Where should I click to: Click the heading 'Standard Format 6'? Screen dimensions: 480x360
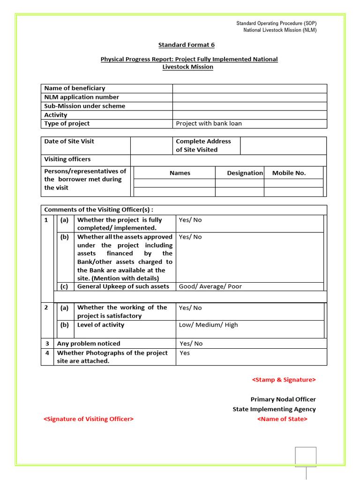[186, 45]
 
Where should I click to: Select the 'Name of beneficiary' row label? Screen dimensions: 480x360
[75, 88]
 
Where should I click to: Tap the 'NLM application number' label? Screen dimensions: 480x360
[82, 97]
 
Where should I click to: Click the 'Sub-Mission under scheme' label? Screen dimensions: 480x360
[84, 106]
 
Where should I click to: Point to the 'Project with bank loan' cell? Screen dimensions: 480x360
[209, 124]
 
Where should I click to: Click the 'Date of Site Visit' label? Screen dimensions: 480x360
[69, 141]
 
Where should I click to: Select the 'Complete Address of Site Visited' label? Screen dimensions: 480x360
[203, 145]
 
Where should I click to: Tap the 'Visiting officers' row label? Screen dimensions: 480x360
[67, 159]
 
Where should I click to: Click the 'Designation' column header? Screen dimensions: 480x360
[245, 173]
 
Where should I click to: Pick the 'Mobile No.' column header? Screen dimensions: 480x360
[289, 173]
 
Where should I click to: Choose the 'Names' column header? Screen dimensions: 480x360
[180, 173]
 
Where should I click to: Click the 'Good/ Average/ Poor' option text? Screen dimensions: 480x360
[210, 286]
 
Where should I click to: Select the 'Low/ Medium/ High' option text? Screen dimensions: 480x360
[208, 325]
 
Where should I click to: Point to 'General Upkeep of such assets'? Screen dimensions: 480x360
[123, 286]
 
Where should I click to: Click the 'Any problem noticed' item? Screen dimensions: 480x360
[89, 344]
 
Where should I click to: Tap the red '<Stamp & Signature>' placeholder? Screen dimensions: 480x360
[284, 380]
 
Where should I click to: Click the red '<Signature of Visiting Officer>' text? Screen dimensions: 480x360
[89, 419]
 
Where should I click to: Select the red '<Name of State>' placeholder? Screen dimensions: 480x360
[282, 419]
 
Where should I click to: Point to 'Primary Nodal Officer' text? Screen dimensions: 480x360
[283, 399]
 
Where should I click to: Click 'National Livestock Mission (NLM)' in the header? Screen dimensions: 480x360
[280, 30]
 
